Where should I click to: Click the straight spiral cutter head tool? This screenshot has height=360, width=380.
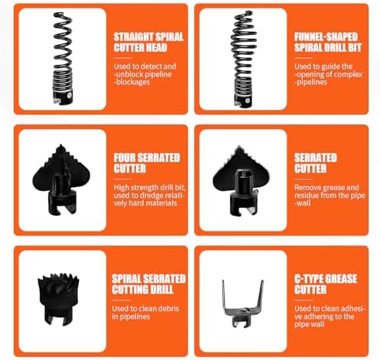pos(63,58)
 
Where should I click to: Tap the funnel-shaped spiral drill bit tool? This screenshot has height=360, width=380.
pos(243,59)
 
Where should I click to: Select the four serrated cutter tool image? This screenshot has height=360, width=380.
pos(61,180)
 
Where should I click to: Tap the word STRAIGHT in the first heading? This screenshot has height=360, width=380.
pos(134,37)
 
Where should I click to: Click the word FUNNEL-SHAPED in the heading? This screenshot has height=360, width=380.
pos(326,37)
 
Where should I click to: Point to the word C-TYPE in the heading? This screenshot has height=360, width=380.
pos(308,279)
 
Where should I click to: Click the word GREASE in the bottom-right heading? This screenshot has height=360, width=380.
pos(341,279)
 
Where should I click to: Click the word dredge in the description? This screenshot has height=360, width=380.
pos(142,196)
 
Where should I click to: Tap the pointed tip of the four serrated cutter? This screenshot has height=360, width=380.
pos(61,145)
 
